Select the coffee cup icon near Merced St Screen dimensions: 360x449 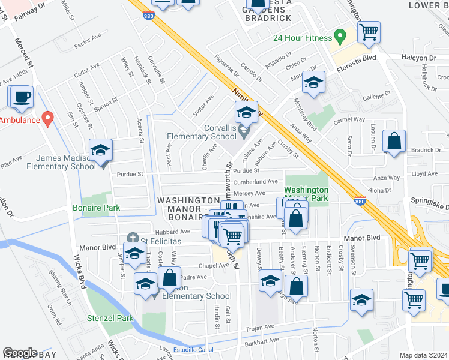point(22,97)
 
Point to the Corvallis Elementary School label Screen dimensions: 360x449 point(203,136)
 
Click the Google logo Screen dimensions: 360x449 point(20,353)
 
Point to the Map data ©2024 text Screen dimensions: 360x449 point(423,355)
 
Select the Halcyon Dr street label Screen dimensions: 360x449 point(420,58)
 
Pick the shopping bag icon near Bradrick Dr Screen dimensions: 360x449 point(395,142)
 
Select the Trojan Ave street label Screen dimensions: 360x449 point(260,328)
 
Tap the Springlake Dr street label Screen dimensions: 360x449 point(429,206)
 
